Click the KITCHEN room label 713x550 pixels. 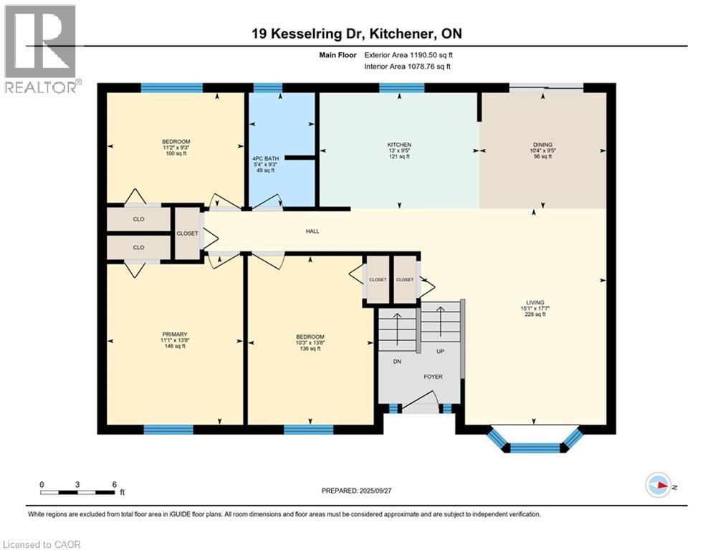[x=399, y=145]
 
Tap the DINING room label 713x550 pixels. [x=543, y=145]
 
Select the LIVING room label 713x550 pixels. [x=535, y=302]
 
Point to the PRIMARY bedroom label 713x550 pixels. [x=175, y=334]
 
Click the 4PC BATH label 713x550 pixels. [x=266, y=159]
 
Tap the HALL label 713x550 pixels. [x=312, y=231]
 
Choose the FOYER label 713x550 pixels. [x=433, y=377]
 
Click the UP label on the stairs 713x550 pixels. [x=440, y=352]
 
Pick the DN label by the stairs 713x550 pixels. [x=397, y=362]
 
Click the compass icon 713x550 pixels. [x=658, y=486]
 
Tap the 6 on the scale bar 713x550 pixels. [x=115, y=485]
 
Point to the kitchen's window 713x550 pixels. [x=402, y=87]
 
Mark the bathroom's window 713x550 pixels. [x=267, y=87]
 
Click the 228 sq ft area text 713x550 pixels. [x=535, y=314]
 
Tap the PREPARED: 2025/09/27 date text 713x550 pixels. [x=357, y=491]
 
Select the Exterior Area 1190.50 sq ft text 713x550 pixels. [x=408, y=55]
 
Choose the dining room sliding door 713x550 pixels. [x=545, y=87]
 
